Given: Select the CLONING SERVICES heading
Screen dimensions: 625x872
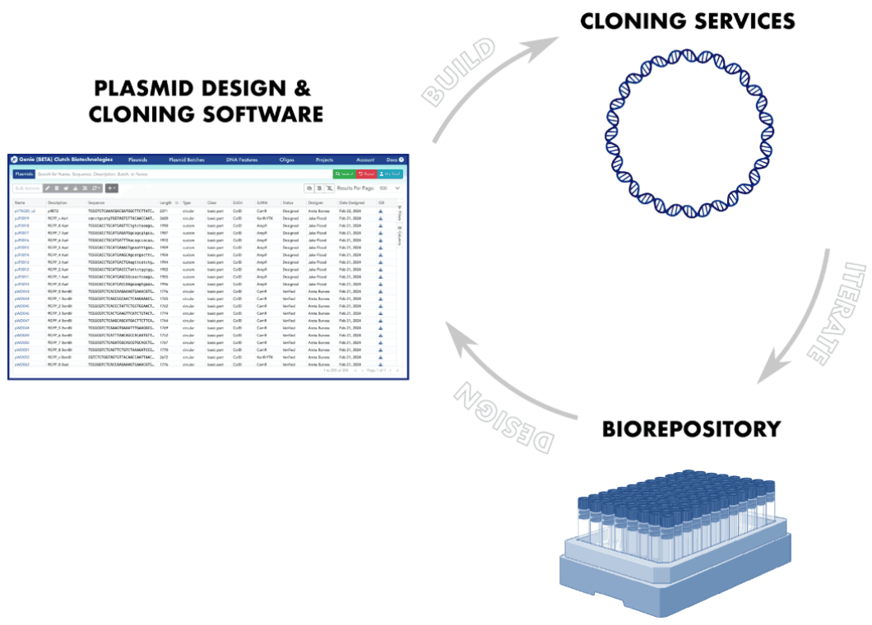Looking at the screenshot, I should [x=688, y=21].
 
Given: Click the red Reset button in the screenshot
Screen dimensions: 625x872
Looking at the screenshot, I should [x=366, y=174].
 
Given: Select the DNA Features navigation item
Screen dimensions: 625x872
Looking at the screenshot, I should [x=242, y=160].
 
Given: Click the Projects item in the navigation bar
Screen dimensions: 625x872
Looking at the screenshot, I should [x=324, y=160].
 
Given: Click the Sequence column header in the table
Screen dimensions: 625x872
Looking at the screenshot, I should [x=98, y=202].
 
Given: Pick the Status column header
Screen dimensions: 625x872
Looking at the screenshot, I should [x=288, y=202].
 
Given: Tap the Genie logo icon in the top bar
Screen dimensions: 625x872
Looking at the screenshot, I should [x=15, y=160].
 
